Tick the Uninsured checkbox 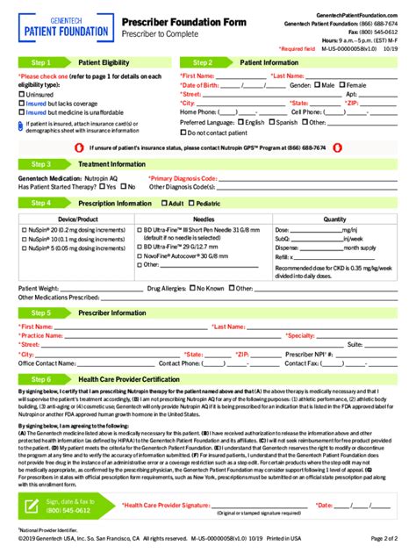point(21,94)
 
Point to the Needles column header point(204,219)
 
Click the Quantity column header point(334,219)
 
